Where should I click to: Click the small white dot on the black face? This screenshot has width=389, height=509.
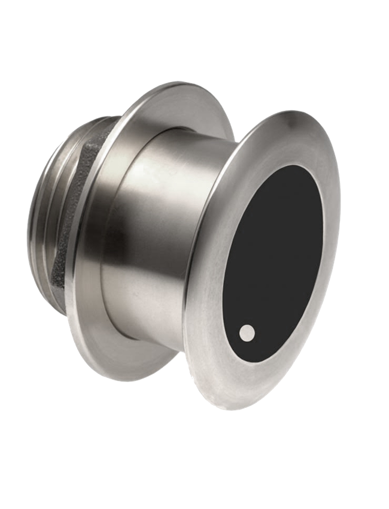pos(247,332)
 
